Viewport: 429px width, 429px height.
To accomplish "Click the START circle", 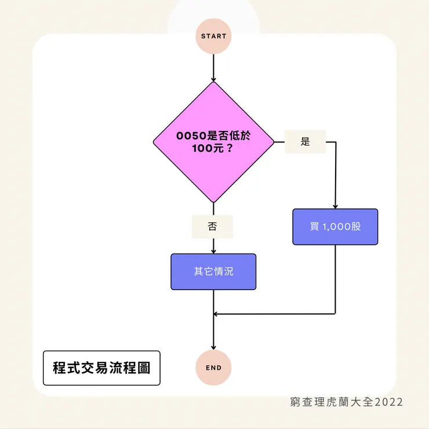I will (x=213, y=36).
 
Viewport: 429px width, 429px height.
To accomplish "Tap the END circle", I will (x=213, y=368).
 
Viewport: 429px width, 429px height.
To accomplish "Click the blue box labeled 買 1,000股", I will (x=335, y=226).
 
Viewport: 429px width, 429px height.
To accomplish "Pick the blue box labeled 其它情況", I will (x=213, y=272).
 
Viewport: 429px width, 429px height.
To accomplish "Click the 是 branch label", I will (x=305, y=142).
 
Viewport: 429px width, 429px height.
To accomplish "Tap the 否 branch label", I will (x=212, y=227).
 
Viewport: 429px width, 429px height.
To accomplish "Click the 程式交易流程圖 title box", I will (x=101, y=368).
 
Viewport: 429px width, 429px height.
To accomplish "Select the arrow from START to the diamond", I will (x=213, y=67).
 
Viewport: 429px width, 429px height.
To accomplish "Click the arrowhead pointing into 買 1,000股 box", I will (x=335, y=206).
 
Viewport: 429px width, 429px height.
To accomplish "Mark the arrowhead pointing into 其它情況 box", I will (x=213, y=251).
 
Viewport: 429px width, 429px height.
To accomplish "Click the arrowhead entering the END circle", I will (x=213, y=347).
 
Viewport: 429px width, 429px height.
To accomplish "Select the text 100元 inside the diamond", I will (x=205, y=148).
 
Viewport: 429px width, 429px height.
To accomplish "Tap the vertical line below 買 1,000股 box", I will (x=335, y=278).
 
